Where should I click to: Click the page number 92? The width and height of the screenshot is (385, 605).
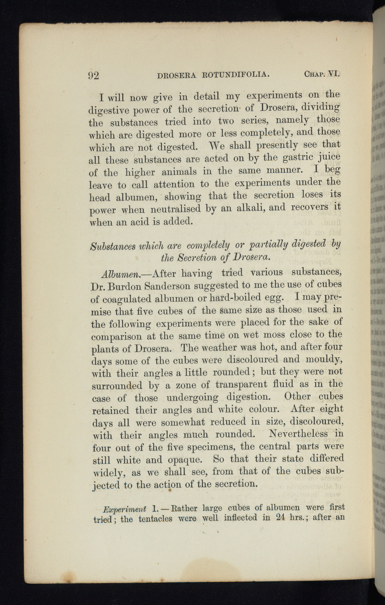94,75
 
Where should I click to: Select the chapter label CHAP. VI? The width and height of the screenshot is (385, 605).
322,73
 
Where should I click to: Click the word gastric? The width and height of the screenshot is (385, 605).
298,157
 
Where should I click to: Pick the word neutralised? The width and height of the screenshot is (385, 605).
175,209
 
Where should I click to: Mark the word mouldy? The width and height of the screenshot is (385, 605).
324,359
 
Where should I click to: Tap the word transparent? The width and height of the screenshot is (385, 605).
241,384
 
